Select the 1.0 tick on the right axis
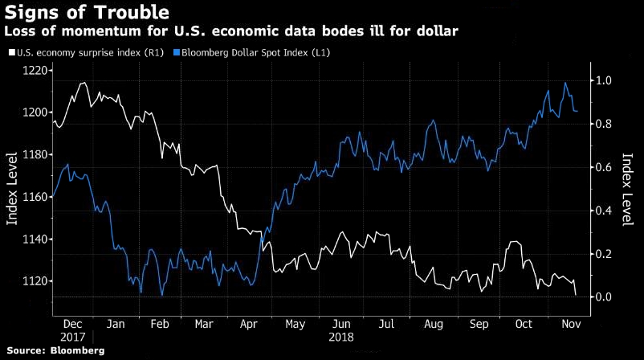click(x=602, y=80)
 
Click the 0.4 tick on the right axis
click(x=602, y=211)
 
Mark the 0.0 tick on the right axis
click(x=602, y=297)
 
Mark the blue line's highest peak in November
click(x=566, y=82)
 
